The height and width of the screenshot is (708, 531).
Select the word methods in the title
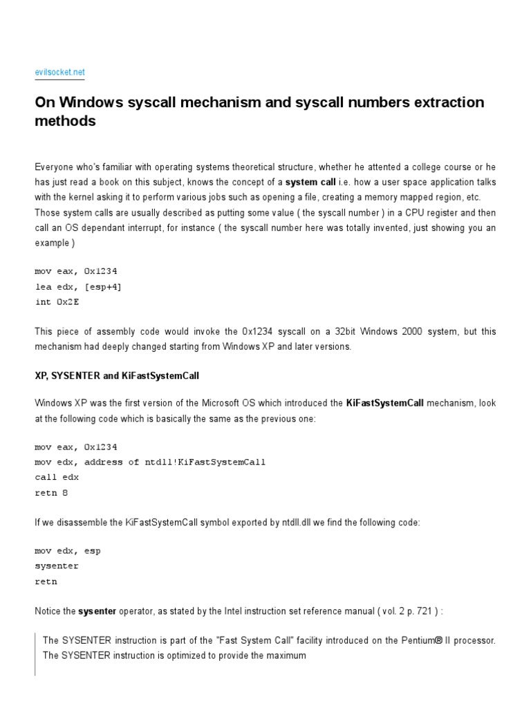pyautogui.click(x=65, y=122)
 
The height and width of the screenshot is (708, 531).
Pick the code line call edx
pyautogui.click(x=57, y=477)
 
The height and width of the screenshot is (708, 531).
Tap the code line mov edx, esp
pyautogui.click(x=67, y=551)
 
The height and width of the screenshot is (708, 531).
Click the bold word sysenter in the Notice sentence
pyautogui.click(x=97, y=611)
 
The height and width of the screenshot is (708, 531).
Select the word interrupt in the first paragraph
pyautogui.click(x=151, y=227)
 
